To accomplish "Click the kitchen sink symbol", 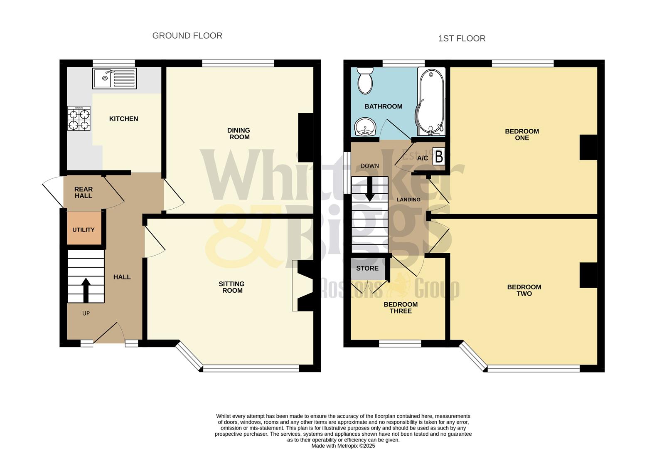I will [114, 79].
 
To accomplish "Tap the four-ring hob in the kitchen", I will [79, 118].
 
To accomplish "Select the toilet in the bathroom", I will [365, 81].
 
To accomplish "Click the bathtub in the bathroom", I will [431, 102].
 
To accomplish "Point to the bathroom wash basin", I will [365, 127].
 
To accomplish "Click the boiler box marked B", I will [438, 157].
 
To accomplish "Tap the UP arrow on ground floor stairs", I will [86, 290].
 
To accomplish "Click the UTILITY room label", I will [84, 229].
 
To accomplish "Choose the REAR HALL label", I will [84, 192].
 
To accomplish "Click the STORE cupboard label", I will [367, 268].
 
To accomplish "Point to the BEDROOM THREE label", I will [401, 308].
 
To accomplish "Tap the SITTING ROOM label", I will [232, 287].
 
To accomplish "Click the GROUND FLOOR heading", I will [187, 36].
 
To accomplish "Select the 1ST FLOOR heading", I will [462, 39].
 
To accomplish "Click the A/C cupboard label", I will [423, 158].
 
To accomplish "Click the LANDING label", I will [408, 200].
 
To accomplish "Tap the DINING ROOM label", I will [239, 133].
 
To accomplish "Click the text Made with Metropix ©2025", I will [343, 446].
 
